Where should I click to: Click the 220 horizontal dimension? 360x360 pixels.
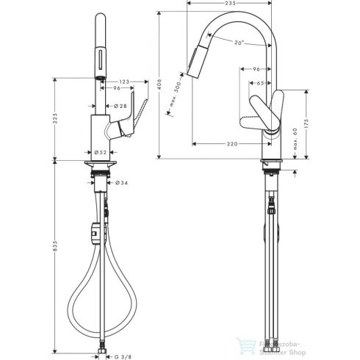233,144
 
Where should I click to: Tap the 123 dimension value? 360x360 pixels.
124,80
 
